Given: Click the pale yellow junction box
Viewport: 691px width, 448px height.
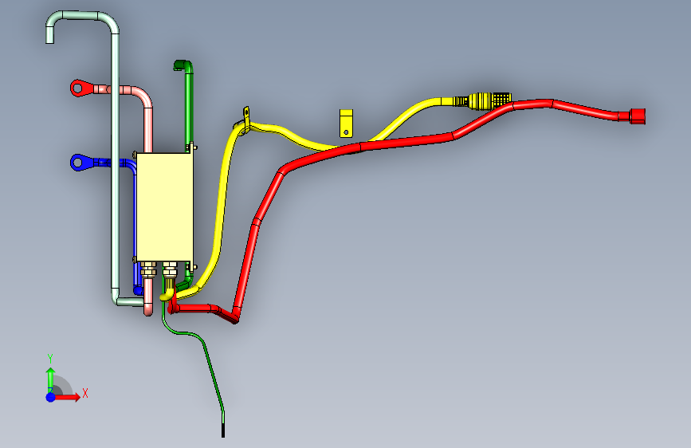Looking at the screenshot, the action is tap(165, 206).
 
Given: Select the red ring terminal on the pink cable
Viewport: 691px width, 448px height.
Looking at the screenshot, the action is tap(80, 87).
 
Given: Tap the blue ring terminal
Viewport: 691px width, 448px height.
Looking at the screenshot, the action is tap(80, 163).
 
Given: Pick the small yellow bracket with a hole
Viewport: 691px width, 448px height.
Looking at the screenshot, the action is tap(347, 123).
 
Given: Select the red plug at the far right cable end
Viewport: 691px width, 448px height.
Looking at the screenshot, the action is tap(638, 116).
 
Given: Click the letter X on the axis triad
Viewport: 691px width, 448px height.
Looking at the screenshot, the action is tap(84, 392).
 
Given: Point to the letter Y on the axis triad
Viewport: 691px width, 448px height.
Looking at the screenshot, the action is tap(50, 358).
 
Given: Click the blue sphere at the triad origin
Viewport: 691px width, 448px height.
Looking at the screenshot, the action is tap(50, 396).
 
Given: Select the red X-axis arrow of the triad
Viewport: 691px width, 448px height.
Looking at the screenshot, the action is tap(70, 396).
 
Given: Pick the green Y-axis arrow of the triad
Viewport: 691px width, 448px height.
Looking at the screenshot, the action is tap(50, 377).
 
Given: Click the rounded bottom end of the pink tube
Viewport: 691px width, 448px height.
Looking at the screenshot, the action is tap(148, 309).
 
